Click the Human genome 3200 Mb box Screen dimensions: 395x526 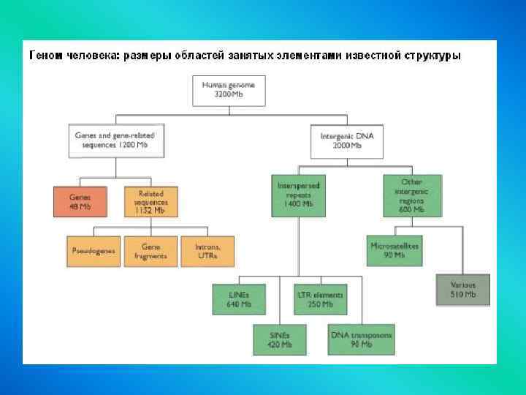click(x=229, y=91)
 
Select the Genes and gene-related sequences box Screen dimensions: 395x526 click(x=115, y=140)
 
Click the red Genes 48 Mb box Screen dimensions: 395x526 click(x=80, y=202)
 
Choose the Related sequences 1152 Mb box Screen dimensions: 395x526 click(x=150, y=201)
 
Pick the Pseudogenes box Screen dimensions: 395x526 click(x=93, y=251)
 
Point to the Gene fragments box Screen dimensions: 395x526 click(x=150, y=251)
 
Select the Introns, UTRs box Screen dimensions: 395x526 click(x=208, y=251)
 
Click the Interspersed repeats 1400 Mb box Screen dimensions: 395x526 click(x=298, y=195)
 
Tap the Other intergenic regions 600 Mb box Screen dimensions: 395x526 click(x=412, y=195)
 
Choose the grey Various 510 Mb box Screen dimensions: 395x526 click(x=462, y=289)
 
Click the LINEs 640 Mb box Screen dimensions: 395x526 click(x=238, y=298)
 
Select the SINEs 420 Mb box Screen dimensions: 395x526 click(x=280, y=339)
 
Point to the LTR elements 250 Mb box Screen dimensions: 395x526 click(x=319, y=298)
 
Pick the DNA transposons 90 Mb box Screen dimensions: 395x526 click(x=361, y=339)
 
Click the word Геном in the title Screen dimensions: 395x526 click(x=46, y=56)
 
